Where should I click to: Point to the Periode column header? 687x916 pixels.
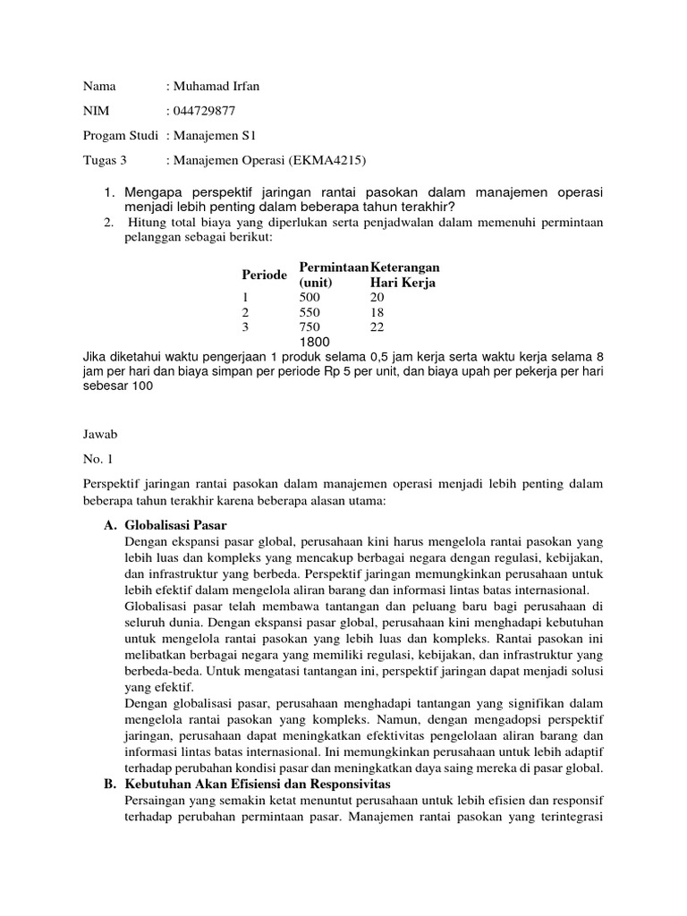[x=264, y=274]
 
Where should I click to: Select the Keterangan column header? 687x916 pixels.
[x=405, y=267]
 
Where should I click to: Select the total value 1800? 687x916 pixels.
[x=315, y=343]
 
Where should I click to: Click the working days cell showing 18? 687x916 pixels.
[x=376, y=312]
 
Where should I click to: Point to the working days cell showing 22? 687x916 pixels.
[x=376, y=327]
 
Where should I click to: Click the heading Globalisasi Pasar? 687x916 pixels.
[x=182, y=524]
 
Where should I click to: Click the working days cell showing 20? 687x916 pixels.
[x=376, y=298]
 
